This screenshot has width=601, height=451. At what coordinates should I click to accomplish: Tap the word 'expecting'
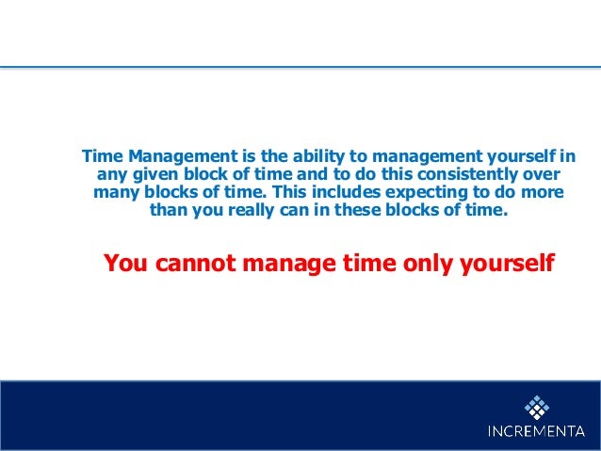[418, 192]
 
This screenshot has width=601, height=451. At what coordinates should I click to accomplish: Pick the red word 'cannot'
[198, 263]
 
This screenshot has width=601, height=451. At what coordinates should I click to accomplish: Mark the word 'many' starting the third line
[114, 192]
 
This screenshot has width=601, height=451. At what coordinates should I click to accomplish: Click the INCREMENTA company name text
[536, 432]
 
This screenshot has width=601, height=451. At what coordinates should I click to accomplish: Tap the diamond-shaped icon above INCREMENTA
[536, 407]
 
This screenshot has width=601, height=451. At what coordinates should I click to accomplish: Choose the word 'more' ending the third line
[544, 192]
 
